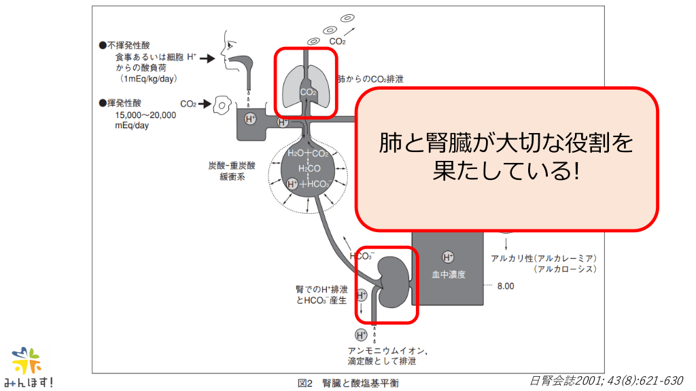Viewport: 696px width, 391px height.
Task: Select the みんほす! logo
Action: (x=32, y=367)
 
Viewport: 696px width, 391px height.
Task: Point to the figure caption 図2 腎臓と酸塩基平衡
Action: (x=349, y=383)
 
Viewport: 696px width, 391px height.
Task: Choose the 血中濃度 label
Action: (x=449, y=275)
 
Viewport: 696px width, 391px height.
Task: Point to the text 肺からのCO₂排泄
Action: (x=370, y=79)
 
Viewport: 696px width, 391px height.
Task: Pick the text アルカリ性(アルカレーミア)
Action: (x=544, y=258)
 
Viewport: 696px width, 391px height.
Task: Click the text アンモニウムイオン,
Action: (x=387, y=350)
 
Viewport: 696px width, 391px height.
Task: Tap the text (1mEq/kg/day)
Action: (x=148, y=79)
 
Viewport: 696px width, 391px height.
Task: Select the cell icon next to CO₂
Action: (x=221, y=104)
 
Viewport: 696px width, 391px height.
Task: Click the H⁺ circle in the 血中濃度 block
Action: (x=448, y=257)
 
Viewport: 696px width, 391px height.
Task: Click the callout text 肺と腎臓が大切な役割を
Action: (x=506, y=143)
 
